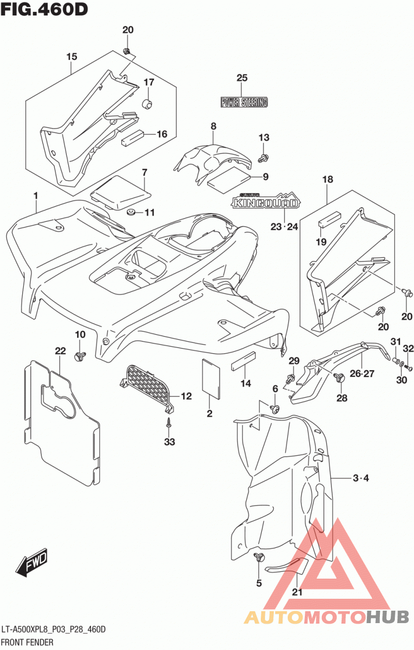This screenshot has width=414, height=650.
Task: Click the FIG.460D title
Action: tap(44, 9)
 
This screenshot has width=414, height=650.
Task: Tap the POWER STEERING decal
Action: tap(244, 102)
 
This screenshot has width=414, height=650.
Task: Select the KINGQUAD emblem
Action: tap(266, 201)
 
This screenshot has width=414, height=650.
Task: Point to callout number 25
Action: tap(242, 78)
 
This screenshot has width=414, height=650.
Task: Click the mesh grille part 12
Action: tap(147, 388)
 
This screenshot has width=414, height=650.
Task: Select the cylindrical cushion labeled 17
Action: tap(147, 103)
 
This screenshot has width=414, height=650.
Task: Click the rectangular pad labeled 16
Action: tap(132, 138)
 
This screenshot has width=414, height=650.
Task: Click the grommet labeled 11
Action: tap(130, 212)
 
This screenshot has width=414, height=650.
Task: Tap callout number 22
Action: tap(61, 351)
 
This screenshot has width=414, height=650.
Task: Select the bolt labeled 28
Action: tap(339, 378)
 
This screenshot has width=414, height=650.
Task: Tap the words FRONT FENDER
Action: tap(27, 642)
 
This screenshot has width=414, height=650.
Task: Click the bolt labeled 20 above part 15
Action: tap(126, 51)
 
